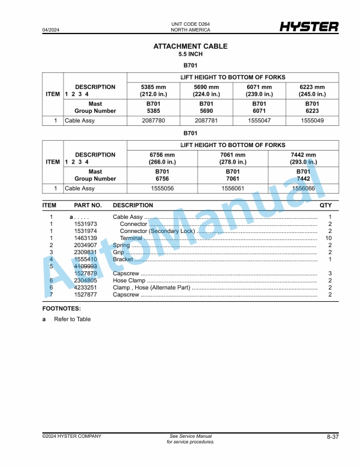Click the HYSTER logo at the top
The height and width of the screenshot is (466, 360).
coord(309,27)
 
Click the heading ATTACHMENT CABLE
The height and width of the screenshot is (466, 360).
coord(191,46)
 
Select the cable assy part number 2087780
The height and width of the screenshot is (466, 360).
coord(154,121)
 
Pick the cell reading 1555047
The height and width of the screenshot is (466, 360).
coord(259,121)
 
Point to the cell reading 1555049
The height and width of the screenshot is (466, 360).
coord(311,121)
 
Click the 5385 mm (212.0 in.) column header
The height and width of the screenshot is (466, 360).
coord(154,91)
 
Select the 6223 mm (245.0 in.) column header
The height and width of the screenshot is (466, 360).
coord(311,91)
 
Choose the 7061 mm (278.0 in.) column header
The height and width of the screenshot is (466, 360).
coord(232,158)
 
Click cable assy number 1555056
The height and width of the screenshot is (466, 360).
coord(162,189)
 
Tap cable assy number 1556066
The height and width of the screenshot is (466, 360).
coord(304,189)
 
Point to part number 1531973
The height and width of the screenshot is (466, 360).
coord(85,224)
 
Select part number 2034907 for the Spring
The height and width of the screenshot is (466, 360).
coord(85,245)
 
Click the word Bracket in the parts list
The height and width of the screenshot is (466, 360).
coord(123,259)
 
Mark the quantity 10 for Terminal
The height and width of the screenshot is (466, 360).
coord(329,238)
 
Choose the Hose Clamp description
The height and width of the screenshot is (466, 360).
coord(129,281)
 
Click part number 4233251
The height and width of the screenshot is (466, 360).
coord(85,288)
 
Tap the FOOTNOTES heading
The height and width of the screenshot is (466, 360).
coord(62,308)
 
